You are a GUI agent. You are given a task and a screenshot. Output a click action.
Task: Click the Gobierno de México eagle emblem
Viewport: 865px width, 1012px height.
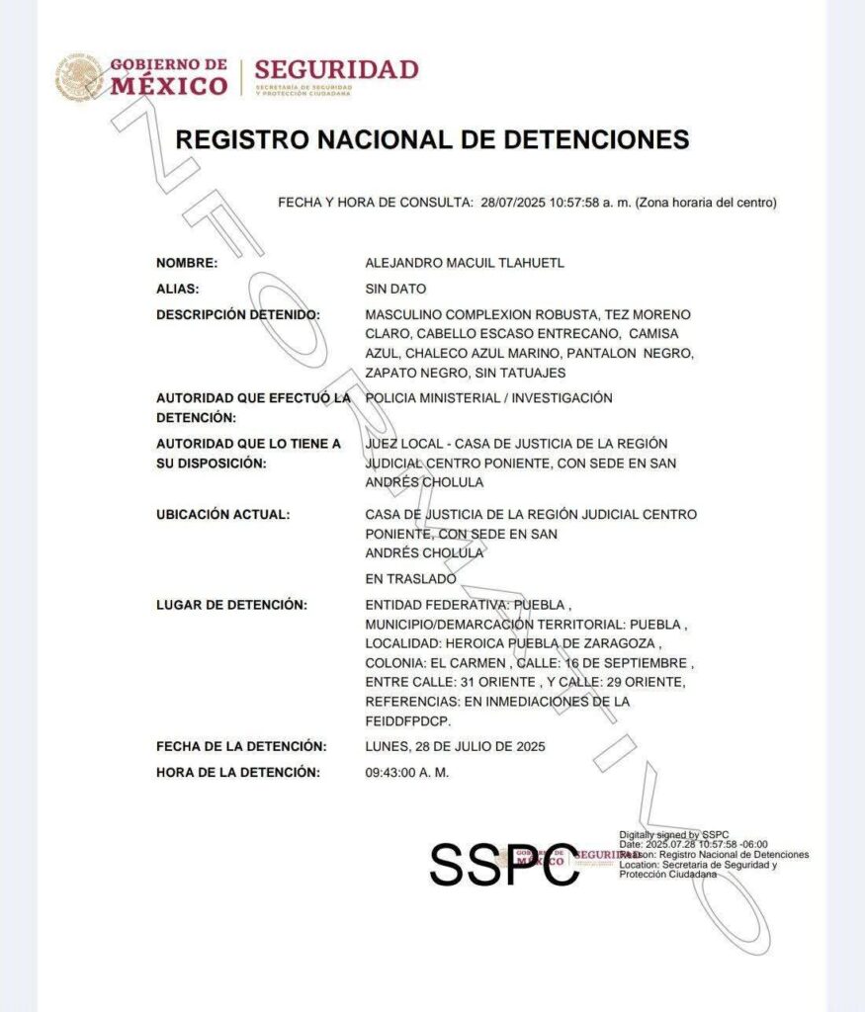tap(79, 77)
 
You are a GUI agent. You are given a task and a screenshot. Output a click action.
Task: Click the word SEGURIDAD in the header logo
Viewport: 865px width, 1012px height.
tap(336, 70)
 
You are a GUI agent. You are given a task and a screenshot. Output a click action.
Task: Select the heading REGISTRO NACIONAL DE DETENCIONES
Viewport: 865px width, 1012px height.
tap(432, 139)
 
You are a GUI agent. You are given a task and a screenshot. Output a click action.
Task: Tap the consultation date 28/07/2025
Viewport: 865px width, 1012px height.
tap(517, 203)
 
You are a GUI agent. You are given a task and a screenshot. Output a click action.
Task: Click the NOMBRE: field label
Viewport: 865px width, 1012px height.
tap(187, 263)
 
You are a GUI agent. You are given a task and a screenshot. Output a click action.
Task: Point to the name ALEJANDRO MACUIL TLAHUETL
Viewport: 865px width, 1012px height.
tap(465, 263)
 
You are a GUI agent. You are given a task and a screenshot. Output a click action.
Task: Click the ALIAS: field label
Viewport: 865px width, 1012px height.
tap(178, 290)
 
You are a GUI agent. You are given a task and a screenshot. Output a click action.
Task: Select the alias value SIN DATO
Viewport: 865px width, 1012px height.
tap(395, 290)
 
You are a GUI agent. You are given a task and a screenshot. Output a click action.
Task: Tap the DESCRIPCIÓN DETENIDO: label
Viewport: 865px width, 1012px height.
tap(238, 315)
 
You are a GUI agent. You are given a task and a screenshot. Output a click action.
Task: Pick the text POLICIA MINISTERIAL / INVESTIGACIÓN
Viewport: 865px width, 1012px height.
tap(488, 398)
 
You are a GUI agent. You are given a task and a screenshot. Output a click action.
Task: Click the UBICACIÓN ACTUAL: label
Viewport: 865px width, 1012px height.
tap(223, 515)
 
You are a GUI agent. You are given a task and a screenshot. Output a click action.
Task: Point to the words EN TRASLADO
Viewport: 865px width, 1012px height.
tap(410, 579)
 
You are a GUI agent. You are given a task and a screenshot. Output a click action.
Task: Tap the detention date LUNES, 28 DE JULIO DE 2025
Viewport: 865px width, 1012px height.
tap(455, 746)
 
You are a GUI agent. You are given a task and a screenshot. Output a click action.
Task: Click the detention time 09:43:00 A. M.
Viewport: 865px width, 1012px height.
tap(406, 772)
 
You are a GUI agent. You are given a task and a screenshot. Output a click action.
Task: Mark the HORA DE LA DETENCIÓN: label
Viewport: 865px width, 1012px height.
tap(238, 772)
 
